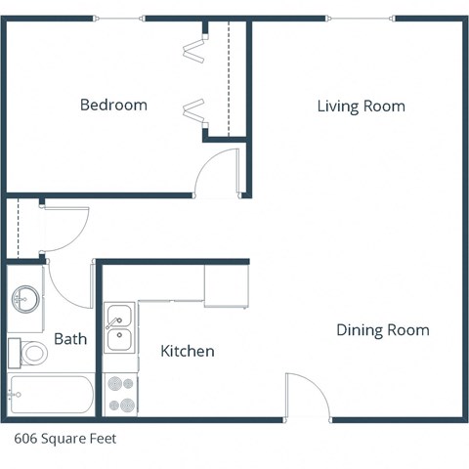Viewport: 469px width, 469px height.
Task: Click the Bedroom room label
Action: tap(113, 105)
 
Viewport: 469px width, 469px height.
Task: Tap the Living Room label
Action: tap(361, 106)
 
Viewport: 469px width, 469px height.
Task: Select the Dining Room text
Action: tap(382, 330)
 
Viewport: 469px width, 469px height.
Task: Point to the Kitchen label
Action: tap(187, 351)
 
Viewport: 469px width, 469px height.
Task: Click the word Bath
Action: tap(70, 340)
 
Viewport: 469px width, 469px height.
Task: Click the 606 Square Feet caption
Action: tap(64, 439)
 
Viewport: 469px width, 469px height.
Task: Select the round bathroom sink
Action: tap(26, 299)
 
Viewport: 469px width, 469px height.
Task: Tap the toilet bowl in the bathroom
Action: tap(34, 353)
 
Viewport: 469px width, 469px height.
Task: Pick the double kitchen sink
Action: tap(121, 328)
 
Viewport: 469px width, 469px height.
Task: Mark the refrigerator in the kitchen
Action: tap(226, 285)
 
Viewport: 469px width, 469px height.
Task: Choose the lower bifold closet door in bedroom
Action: tap(192, 110)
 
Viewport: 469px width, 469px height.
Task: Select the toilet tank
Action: tap(14, 352)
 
